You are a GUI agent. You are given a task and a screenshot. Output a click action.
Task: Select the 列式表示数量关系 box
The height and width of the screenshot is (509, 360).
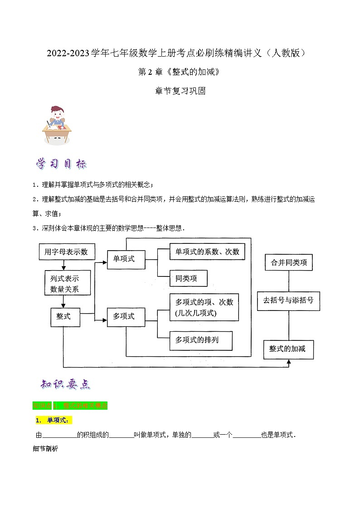(x=64, y=283)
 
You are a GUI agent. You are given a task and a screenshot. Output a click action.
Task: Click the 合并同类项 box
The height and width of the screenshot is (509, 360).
(x=289, y=262)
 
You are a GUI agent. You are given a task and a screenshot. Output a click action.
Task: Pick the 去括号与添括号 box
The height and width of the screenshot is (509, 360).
(x=288, y=301)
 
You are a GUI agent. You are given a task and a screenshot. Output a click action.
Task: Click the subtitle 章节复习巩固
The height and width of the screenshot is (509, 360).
(x=180, y=91)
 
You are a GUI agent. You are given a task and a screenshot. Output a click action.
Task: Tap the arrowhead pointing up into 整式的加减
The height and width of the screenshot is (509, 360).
(x=289, y=363)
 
